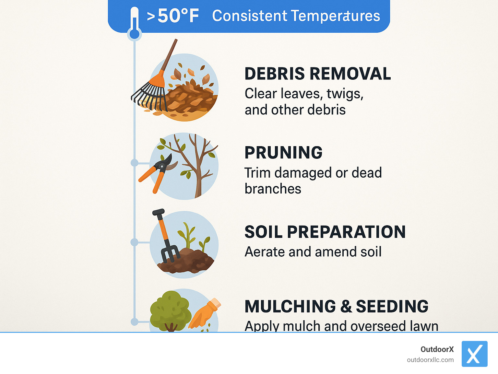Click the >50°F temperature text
173,16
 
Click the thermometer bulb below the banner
134,34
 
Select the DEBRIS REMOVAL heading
317,74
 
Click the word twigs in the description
345,94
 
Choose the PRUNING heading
283,153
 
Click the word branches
273,189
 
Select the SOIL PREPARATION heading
325,232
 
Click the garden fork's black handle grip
158,213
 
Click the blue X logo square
474,354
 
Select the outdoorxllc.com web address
430,360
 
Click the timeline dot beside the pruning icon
134,163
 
